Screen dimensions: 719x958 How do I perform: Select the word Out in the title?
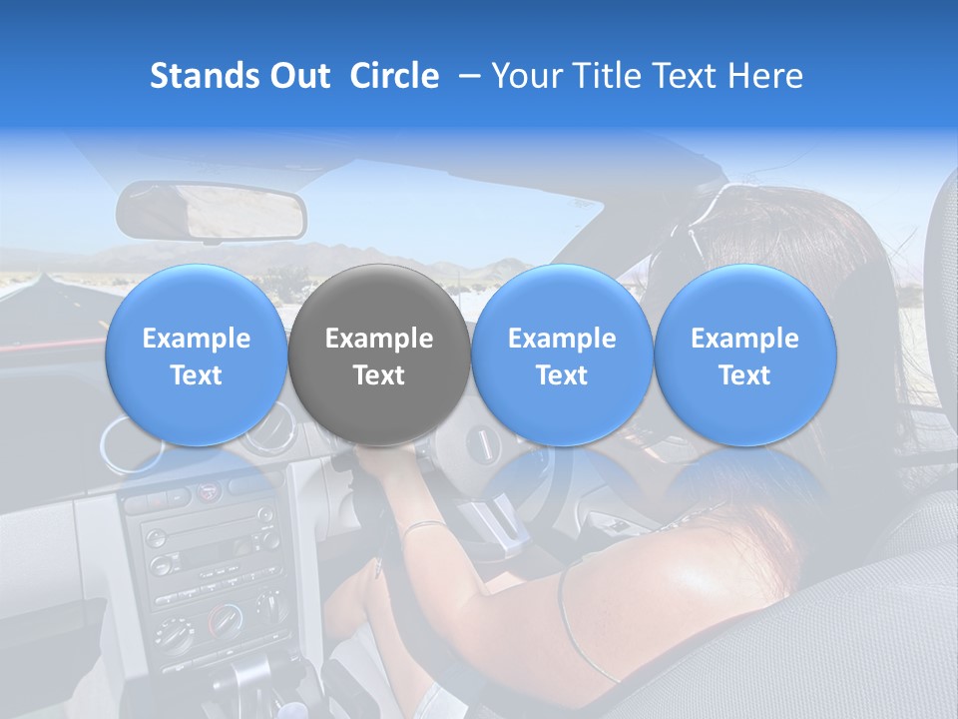tap(298, 76)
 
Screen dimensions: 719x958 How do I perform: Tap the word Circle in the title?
tap(394, 76)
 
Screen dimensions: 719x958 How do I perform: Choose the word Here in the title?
tap(765, 76)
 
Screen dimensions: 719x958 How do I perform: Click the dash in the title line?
tap(465, 77)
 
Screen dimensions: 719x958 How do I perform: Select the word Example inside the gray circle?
tap(379, 340)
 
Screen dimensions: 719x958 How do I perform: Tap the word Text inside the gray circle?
tap(379, 375)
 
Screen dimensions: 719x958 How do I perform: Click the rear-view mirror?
tap(212, 212)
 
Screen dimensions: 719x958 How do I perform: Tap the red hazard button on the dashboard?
tap(208, 491)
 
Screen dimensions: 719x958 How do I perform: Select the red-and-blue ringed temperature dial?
tap(224, 621)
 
